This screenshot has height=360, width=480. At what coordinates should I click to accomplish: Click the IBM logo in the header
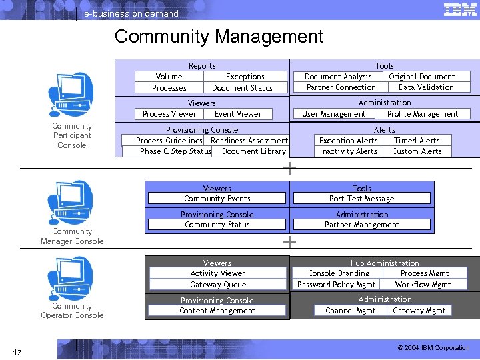459,9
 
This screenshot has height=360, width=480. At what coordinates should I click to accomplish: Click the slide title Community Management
219,37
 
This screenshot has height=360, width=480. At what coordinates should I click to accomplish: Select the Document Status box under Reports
242,88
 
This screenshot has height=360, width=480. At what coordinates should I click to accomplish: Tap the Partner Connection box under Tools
341,87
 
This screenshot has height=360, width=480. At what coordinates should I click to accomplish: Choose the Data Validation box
426,87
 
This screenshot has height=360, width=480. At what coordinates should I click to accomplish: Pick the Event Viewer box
238,114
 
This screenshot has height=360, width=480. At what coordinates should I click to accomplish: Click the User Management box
334,114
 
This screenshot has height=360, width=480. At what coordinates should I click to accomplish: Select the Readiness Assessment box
249,141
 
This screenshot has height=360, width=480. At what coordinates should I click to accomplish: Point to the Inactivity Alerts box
348,151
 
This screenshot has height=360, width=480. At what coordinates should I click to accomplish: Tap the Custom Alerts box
417,151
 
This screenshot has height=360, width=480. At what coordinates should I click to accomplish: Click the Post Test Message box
362,199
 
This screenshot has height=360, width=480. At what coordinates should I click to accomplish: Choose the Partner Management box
362,225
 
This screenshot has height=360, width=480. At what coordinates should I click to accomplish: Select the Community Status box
217,225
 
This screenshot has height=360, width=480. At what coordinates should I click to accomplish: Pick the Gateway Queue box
217,285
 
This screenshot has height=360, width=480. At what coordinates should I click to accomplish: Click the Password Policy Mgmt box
337,285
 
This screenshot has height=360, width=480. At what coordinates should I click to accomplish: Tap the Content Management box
217,311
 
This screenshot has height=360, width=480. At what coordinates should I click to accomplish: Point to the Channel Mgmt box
351,311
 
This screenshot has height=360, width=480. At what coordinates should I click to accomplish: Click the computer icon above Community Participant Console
71,95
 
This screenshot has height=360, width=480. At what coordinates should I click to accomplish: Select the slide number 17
17,351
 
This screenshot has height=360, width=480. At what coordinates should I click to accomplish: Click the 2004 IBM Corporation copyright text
433,348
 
